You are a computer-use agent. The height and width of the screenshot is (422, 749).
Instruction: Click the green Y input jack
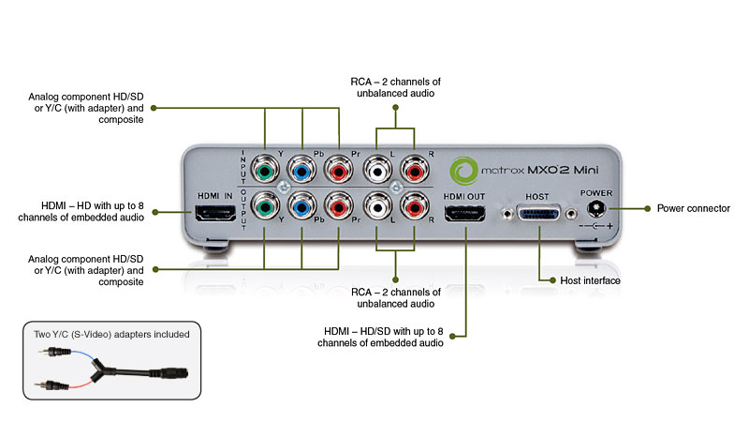(267, 172)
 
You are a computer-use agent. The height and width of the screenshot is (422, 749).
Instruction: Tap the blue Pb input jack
(302, 172)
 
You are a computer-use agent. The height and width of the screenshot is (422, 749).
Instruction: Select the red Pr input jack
(338, 172)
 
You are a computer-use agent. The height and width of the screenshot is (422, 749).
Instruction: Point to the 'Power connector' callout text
(694, 207)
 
